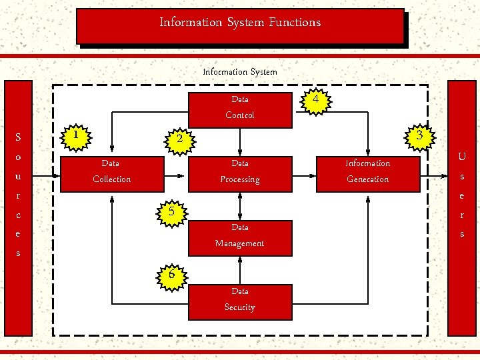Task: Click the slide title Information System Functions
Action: click(240, 23)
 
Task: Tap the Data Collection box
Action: click(111, 172)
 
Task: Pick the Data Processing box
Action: click(240, 172)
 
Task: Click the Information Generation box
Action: click(368, 172)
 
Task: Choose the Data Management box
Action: click(240, 236)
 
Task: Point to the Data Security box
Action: click(240, 300)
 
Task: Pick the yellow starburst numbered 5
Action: click(171, 211)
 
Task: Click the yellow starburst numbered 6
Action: click(171, 274)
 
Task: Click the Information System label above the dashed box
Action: click(240, 71)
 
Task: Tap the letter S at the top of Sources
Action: click(18, 138)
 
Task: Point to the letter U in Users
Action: click(461, 157)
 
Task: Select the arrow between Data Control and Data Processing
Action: click(240, 141)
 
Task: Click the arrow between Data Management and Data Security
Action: click(240, 269)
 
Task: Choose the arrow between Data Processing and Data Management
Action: click(240, 205)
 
